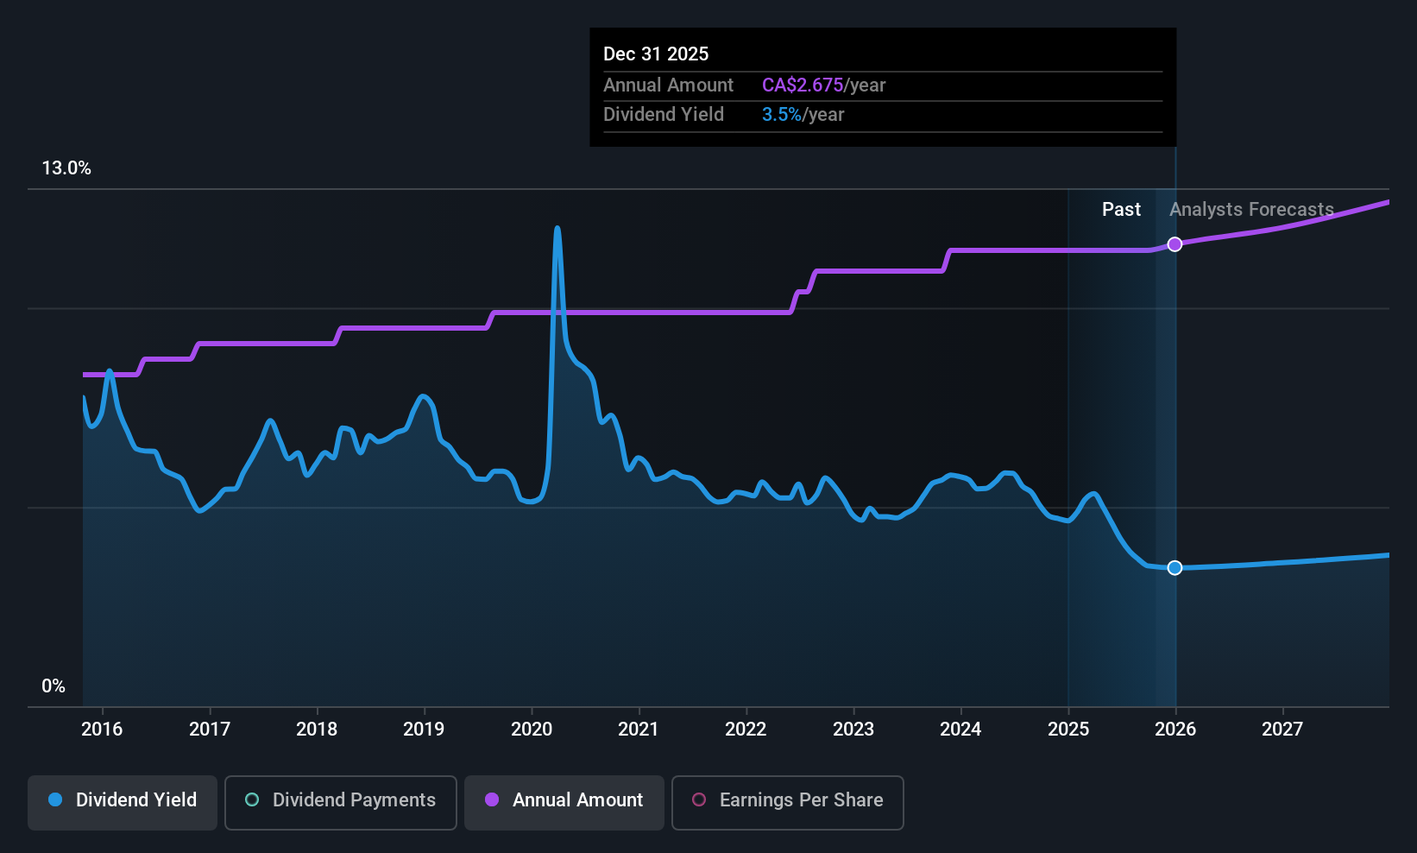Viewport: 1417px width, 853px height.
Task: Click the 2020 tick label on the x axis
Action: coord(532,730)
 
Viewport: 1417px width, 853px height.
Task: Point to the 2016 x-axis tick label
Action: coord(102,730)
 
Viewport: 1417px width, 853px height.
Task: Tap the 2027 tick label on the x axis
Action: coord(1282,730)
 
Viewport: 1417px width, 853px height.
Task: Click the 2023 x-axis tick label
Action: coord(853,730)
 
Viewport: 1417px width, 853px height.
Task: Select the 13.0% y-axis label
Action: coord(66,168)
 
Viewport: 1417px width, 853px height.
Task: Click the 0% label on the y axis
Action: coord(54,686)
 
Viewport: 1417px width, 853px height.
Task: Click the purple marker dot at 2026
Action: coord(1175,244)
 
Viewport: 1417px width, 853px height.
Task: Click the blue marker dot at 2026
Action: coord(1175,567)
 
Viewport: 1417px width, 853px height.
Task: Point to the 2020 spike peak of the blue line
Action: coord(557,229)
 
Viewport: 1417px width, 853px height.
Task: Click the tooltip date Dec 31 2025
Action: coord(656,54)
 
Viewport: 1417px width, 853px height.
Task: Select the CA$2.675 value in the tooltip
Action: coord(802,85)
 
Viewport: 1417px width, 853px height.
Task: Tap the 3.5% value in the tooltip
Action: coord(781,115)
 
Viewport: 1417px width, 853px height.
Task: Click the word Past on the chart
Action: coord(1121,210)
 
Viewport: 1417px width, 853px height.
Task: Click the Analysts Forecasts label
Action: coord(1251,210)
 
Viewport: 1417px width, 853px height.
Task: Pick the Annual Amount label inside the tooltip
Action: coord(668,85)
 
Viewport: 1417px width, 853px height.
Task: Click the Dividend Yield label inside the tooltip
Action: coord(664,115)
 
